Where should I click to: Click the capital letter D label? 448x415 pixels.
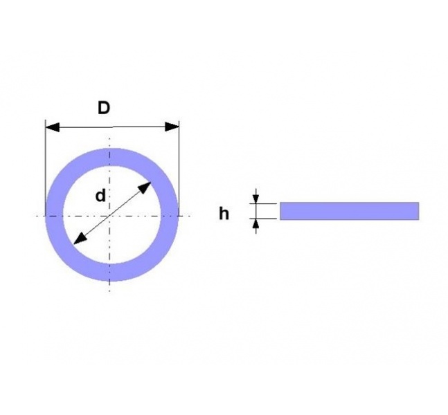[x=104, y=108]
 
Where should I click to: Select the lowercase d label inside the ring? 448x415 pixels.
[x=100, y=196]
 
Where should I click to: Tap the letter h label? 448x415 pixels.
[x=224, y=214]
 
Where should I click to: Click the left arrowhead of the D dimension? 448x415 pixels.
[x=53, y=127]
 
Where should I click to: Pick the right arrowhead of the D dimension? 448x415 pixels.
[x=172, y=127]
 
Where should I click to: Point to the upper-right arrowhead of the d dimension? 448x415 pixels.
[x=145, y=187]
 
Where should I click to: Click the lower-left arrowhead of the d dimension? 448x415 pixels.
[x=80, y=239]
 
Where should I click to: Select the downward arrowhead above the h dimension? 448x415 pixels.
[x=256, y=198]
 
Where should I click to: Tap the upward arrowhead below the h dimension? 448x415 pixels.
[x=256, y=224]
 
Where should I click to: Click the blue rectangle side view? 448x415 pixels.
[x=349, y=211]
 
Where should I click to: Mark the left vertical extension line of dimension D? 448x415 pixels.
[x=46, y=168]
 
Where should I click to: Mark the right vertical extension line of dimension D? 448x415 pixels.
[x=179, y=168]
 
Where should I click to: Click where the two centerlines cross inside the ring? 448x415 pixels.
[x=109, y=216]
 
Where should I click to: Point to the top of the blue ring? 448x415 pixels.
[x=112, y=157]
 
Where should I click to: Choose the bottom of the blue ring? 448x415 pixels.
[x=112, y=273]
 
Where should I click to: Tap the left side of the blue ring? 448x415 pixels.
[x=54, y=214]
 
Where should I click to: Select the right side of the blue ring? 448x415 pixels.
[x=170, y=214]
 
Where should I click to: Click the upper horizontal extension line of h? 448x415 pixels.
[x=263, y=203]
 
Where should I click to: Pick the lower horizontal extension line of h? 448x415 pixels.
[x=263, y=219]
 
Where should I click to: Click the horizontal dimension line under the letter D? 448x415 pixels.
[x=112, y=127]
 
